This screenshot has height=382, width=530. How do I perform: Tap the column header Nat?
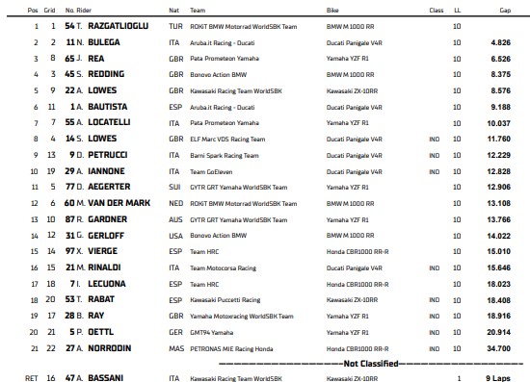173,11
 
